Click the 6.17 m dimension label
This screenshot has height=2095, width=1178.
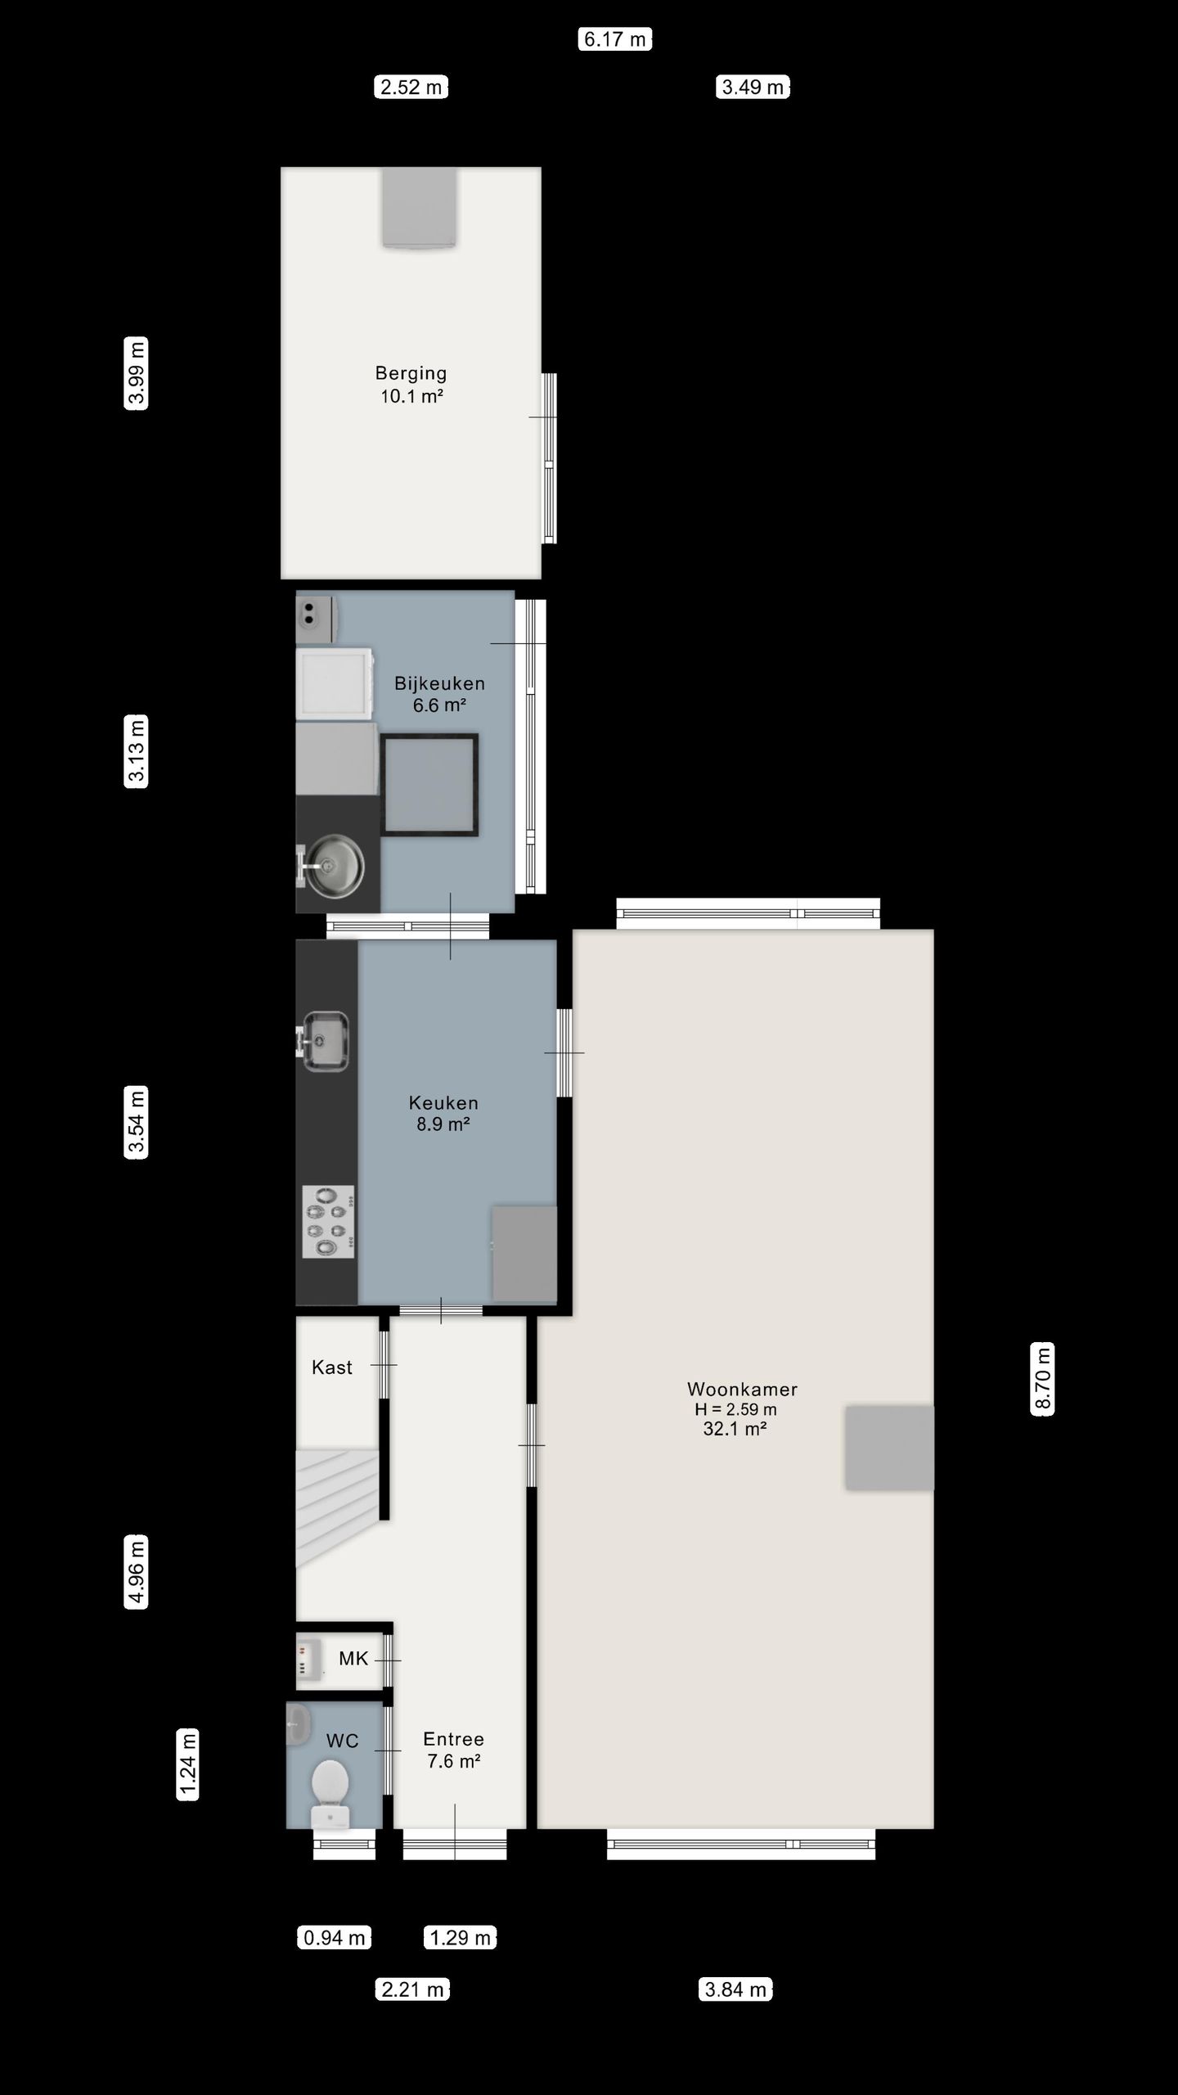615,39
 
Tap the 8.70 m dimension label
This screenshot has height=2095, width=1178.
1042,1378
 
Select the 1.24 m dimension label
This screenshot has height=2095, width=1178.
188,1764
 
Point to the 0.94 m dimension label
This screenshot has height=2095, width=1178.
334,1937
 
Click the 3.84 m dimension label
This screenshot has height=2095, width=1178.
735,1989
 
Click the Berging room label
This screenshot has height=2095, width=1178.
411,373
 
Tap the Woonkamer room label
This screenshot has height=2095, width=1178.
742,1389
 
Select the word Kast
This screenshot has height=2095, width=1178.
332,1367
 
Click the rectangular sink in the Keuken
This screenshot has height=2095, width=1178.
326,1041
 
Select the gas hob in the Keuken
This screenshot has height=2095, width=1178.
329,1221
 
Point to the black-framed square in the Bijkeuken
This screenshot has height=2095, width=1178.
430,784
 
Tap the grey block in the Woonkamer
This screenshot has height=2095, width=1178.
889,1447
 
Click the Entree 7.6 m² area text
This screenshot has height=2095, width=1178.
453,1761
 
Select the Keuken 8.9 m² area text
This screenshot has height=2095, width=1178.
443,1124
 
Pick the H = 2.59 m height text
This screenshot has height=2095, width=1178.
735,1409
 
